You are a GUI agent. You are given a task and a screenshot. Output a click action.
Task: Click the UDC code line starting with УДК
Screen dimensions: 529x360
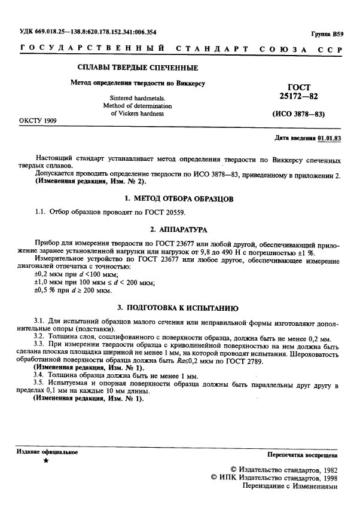pos(83,32)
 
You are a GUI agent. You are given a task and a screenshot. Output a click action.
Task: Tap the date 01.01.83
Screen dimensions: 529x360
pos(329,138)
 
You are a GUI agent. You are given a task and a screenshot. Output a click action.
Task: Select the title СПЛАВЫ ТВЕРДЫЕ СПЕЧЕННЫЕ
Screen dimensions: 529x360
pos(138,68)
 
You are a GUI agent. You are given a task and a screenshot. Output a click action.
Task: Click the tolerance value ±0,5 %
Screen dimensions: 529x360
pos(46,291)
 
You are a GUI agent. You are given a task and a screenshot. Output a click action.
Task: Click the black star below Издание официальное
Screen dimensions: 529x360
pos(45,462)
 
